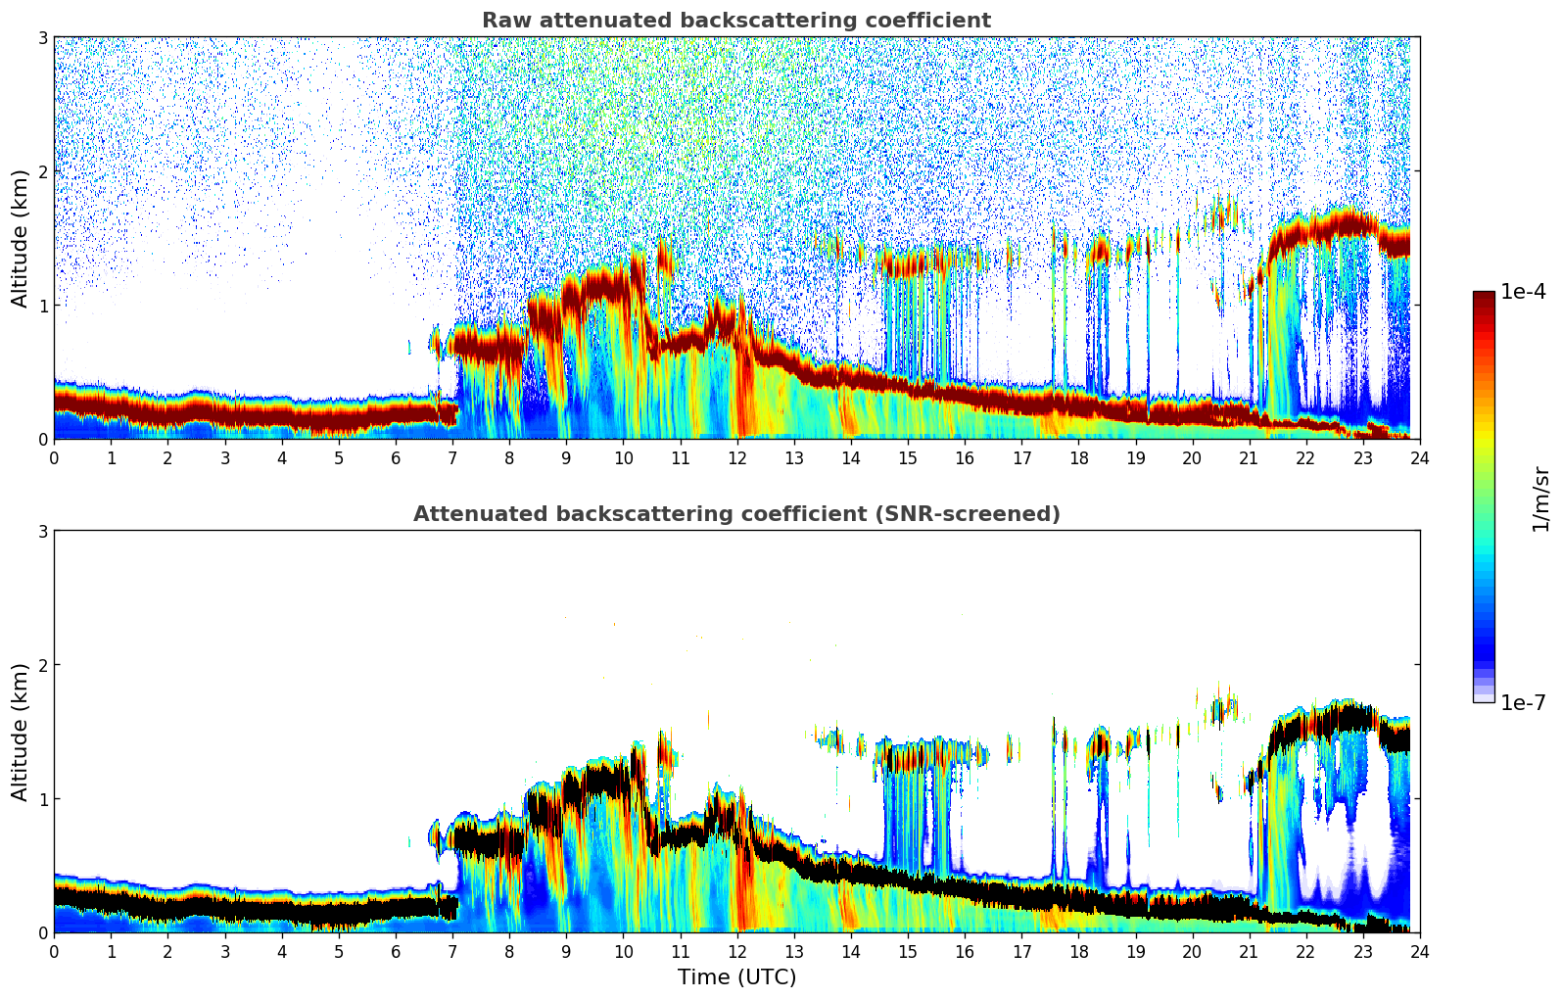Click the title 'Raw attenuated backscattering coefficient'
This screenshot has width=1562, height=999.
coord(735,21)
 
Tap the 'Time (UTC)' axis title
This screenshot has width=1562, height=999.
coord(736,977)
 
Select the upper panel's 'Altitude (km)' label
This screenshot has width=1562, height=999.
coord(20,238)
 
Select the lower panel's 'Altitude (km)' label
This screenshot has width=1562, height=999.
coord(20,732)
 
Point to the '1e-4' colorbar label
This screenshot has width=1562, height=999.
coord(1523,292)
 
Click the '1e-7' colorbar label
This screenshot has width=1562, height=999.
coord(1523,702)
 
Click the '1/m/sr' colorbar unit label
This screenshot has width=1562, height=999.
coord(1540,498)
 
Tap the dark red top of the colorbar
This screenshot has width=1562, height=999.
coord(1484,298)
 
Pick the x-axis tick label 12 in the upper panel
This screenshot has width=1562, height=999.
coord(736,458)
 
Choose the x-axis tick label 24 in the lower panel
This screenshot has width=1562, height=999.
coord(1419,952)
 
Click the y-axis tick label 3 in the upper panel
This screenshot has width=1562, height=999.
coord(42,37)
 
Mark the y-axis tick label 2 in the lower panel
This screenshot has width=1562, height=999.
coord(42,665)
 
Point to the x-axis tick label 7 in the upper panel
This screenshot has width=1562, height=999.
coord(452,458)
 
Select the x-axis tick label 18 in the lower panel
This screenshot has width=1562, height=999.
coord(1078,952)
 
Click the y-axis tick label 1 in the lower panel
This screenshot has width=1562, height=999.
coord(42,799)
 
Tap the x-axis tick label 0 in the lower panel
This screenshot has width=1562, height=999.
coord(54,952)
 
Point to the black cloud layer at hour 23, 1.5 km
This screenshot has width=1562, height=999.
coord(1362,720)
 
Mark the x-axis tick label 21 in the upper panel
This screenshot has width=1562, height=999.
coord(1249,458)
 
